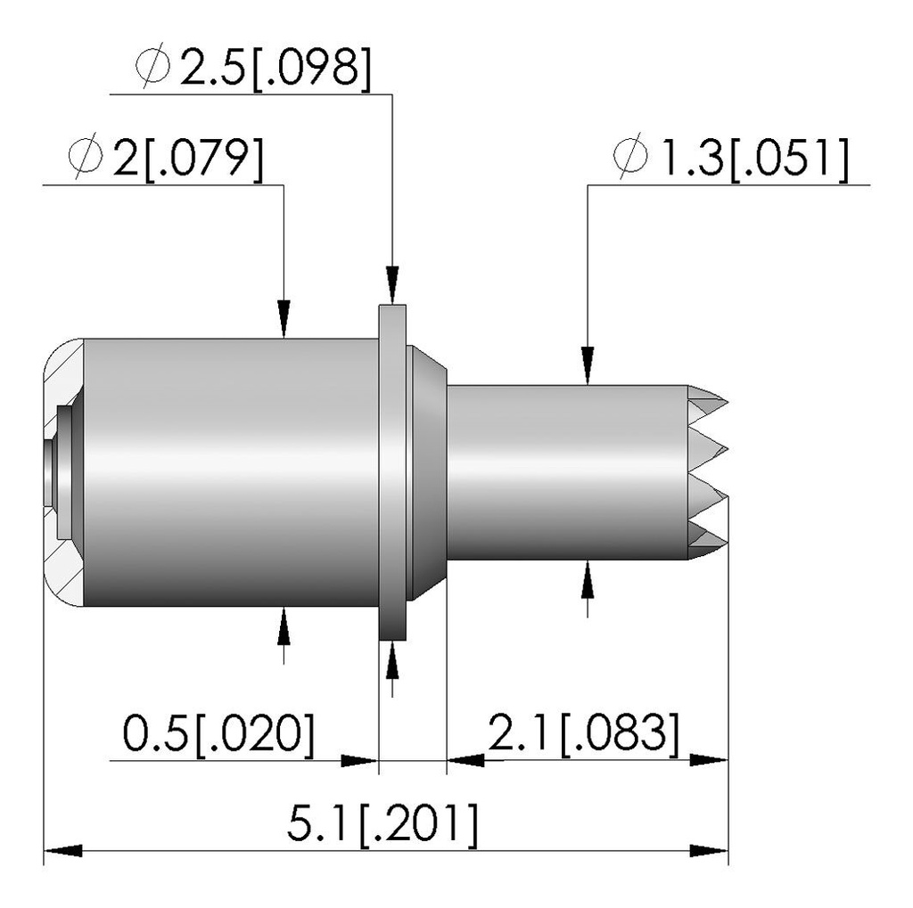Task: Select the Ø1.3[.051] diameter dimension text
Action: coord(731,157)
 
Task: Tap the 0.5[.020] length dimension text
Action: coord(218,733)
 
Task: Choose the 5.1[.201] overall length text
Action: coord(382,824)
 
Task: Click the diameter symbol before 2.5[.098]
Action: coord(152,68)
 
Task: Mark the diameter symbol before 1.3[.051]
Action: coord(630,157)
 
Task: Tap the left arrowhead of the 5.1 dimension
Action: coord(63,852)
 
